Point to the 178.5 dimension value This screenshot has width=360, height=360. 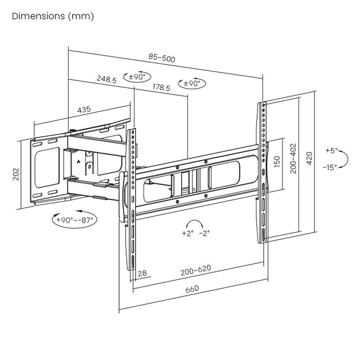pos(162,87)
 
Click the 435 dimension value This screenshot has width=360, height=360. pos(84,110)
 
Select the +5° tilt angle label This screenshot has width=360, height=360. pos(331,151)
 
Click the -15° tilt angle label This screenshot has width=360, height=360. pos(332,168)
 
